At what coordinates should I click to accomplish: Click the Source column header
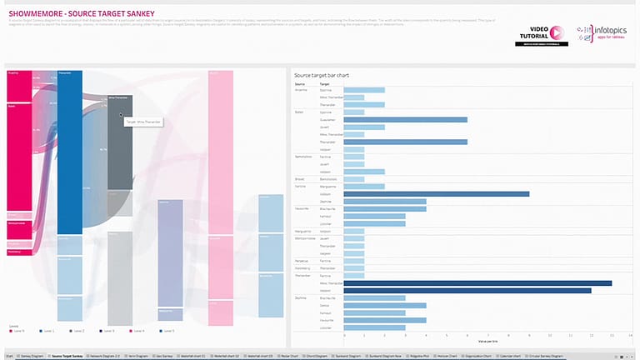click(x=300, y=84)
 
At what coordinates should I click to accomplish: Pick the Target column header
click(x=325, y=84)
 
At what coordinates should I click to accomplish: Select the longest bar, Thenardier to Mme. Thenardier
click(x=477, y=283)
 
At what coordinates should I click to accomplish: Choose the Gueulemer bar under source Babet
click(x=405, y=119)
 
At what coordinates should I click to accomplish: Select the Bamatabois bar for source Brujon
click(x=354, y=179)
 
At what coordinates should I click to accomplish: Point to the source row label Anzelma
click(x=302, y=90)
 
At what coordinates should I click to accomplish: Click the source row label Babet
click(x=299, y=112)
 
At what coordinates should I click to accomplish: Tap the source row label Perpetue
click(x=302, y=261)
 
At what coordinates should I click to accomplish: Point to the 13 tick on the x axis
click(x=612, y=336)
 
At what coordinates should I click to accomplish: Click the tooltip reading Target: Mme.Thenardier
click(x=143, y=122)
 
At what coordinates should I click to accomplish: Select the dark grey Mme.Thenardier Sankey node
click(x=120, y=142)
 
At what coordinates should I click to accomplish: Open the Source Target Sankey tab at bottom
click(x=67, y=356)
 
